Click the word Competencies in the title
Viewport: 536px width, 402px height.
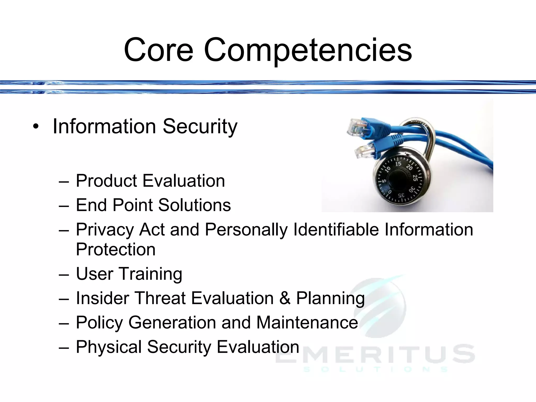coord(308,50)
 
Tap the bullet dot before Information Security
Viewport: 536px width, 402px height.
coord(36,127)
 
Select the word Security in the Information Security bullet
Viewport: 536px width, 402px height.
coord(200,127)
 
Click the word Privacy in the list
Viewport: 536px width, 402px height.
coord(105,230)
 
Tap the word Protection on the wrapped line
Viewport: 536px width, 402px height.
coord(116,249)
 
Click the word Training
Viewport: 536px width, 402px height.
coord(151,274)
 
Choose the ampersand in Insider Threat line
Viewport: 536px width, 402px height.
coord(285,298)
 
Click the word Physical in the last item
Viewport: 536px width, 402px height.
coord(109,347)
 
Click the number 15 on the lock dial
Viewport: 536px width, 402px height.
coord(398,164)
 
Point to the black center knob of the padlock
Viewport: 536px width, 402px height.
coord(398,182)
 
